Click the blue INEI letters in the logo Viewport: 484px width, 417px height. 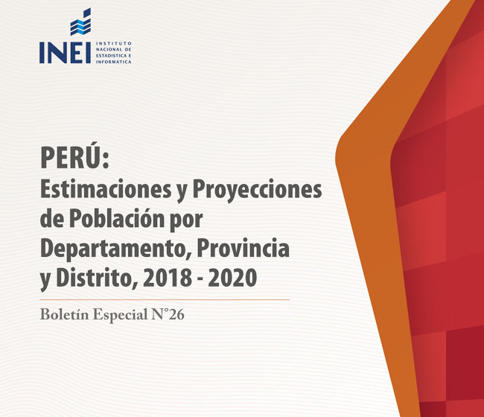[65, 53]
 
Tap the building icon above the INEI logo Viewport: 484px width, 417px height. [80, 22]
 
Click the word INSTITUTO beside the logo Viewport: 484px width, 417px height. [114, 43]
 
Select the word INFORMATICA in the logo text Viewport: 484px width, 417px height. [114, 62]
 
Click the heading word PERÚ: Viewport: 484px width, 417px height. [74, 157]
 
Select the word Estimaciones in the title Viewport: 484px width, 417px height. [106, 189]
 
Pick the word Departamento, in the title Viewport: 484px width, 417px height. [115, 249]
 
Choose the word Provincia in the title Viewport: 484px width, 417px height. [243, 249]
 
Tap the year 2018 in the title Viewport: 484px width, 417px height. [168, 278]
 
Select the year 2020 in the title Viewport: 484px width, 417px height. [232, 278]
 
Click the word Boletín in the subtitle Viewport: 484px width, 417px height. [65, 314]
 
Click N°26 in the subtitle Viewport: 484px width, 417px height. [168, 314]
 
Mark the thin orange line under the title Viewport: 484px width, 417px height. [165, 299]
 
